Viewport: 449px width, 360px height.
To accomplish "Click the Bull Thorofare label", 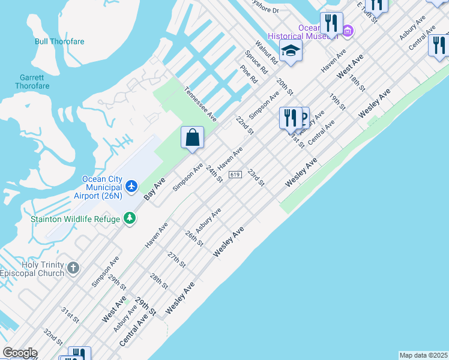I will (x=59, y=41).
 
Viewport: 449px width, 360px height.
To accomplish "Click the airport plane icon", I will (x=131, y=185).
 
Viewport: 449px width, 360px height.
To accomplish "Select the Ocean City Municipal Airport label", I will (x=101, y=187).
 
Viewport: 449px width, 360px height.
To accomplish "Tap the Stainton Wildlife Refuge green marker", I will (x=129, y=219).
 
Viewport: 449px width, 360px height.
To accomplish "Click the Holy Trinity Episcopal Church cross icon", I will (x=73, y=268).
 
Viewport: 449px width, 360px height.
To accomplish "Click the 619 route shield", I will (x=235, y=174).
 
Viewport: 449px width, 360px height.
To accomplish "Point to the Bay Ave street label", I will (x=155, y=188).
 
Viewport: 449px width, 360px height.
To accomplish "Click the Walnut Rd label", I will (x=266, y=52).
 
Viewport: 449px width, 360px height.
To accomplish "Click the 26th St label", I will (x=194, y=238).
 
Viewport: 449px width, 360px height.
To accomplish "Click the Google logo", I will (x=20, y=353).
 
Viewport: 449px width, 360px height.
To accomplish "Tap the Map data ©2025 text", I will (x=424, y=355).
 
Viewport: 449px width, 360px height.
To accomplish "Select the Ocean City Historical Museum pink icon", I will (x=347, y=29).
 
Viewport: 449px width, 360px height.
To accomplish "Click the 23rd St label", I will (x=256, y=177).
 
